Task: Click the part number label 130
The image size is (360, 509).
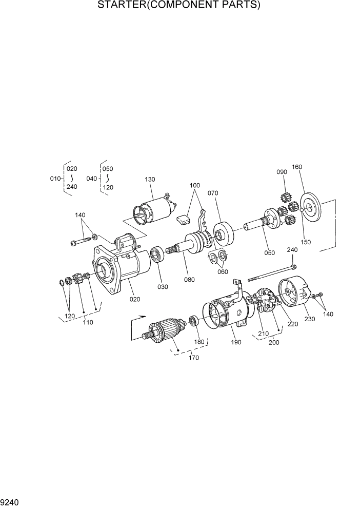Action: [149, 180]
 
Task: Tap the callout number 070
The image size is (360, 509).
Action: [213, 193]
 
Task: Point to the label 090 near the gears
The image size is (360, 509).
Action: [282, 172]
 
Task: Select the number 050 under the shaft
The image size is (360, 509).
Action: [269, 252]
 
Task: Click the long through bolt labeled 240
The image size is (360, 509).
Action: [272, 273]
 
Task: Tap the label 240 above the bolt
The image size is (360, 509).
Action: [292, 250]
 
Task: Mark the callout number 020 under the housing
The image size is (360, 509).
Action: [135, 299]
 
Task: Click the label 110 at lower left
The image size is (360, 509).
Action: [88, 323]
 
